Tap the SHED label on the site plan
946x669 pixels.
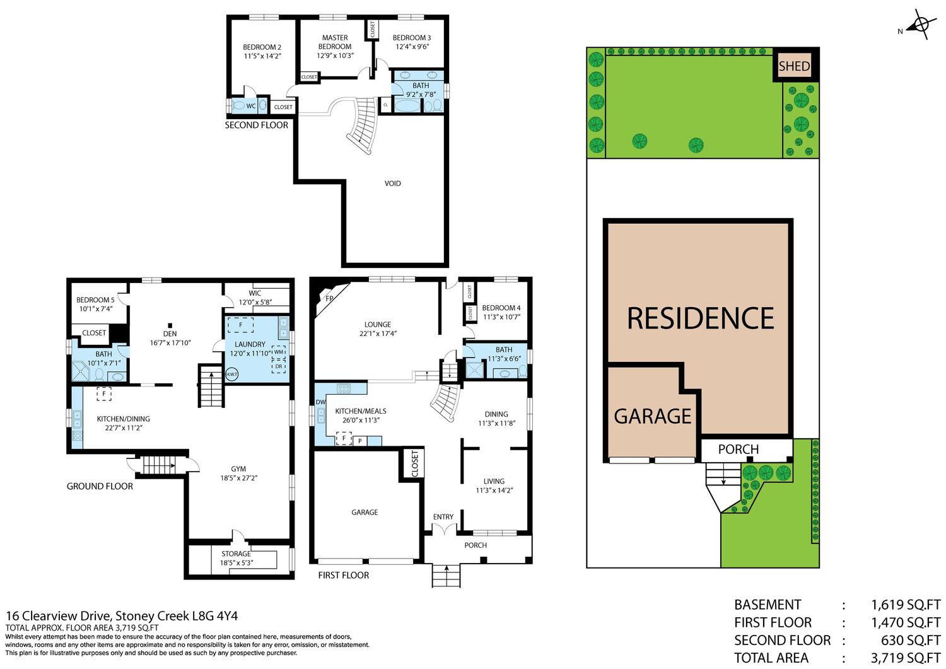[794, 66]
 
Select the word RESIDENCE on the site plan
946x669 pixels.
[700, 318]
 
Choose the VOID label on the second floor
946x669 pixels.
[392, 183]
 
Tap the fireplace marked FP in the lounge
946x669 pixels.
[329, 299]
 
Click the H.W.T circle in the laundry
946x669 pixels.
[231, 374]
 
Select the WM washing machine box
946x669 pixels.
[279, 352]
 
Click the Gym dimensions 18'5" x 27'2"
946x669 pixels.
[238, 478]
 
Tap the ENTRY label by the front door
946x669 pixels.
[443, 516]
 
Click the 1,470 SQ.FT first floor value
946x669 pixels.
[906, 622]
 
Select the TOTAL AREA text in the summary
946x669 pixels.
[771, 658]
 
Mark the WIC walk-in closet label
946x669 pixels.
[255, 293]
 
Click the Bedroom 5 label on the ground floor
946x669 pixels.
[95, 300]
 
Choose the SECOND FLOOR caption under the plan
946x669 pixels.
[256, 125]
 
